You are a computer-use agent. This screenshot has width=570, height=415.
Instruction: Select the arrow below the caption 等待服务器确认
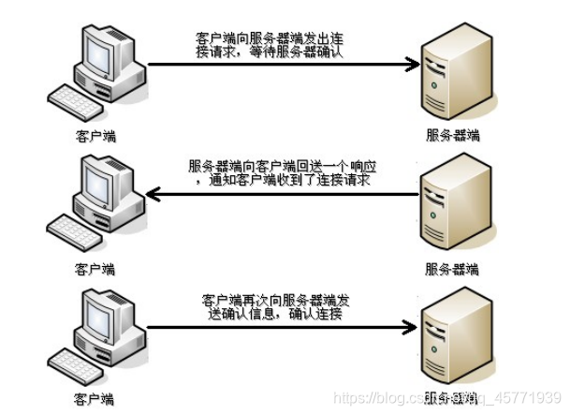point(281,65)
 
